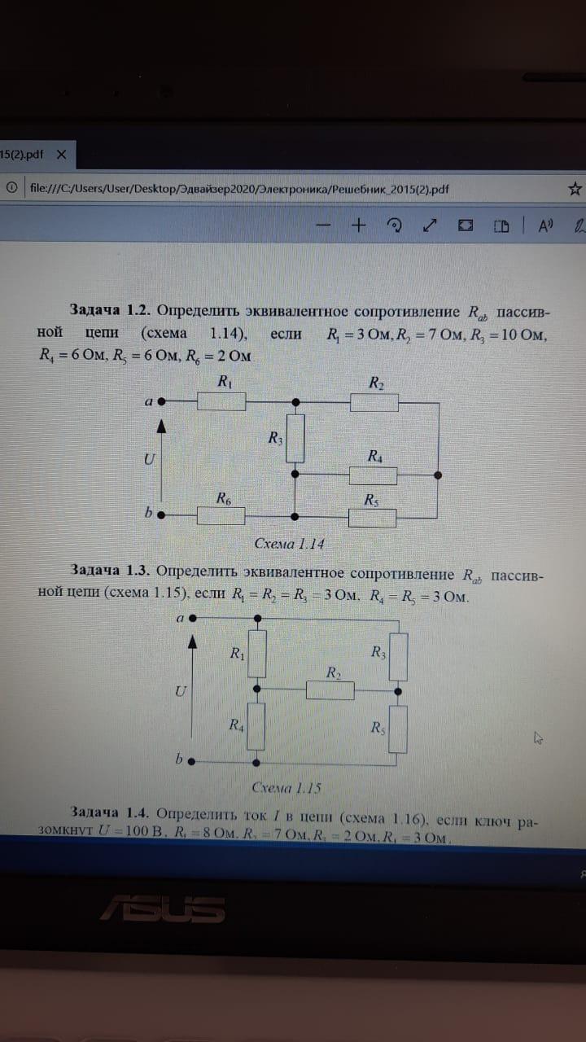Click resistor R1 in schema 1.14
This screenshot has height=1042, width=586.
click(x=222, y=401)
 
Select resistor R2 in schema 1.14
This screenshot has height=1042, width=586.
click(x=374, y=401)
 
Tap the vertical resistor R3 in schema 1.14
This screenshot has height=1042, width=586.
click(x=295, y=438)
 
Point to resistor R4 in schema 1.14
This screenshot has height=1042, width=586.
click(x=374, y=475)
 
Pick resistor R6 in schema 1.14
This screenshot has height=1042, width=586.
click(x=222, y=515)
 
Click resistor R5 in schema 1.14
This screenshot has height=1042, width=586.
click(x=372, y=516)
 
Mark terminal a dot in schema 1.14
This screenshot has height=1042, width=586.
click(x=162, y=401)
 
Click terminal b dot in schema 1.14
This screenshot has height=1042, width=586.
click(x=162, y=514)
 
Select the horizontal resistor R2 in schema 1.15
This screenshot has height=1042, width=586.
click(x=330, y=690)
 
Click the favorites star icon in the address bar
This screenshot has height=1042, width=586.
click(x=575, y=189)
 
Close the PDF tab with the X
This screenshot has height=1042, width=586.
click(x=61, y=153)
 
